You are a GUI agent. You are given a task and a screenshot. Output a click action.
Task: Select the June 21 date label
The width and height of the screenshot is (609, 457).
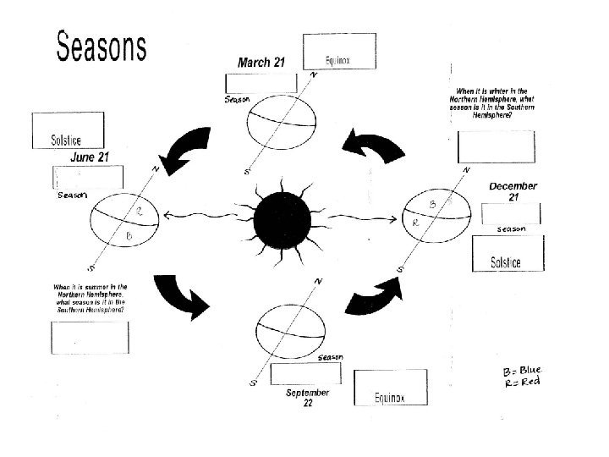point(89,157)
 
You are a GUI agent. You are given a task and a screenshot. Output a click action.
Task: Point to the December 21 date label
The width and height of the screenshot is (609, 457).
point(513,191)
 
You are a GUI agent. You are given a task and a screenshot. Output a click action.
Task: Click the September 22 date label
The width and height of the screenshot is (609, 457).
point(307,398)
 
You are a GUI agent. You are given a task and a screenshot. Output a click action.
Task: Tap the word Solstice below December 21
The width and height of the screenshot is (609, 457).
point(506,262)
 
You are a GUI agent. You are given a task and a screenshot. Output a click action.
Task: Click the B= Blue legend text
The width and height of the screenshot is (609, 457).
point(521,371)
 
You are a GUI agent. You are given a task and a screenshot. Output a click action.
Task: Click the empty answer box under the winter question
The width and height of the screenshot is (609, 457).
point(496,146)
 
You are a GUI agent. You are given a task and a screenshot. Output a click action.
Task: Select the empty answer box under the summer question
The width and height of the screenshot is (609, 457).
point(91,336)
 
